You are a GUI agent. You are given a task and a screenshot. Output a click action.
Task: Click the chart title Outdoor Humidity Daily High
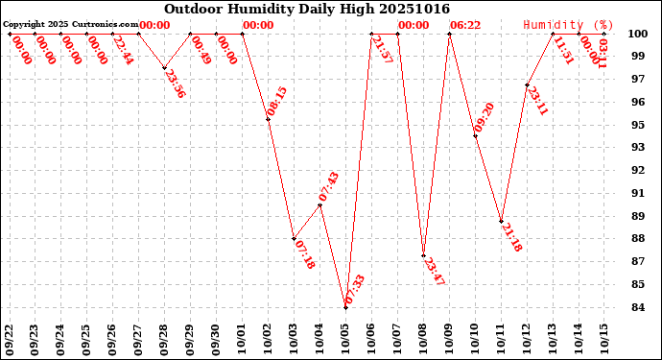pos(306,9)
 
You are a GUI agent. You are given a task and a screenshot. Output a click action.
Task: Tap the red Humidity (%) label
pos(568,25)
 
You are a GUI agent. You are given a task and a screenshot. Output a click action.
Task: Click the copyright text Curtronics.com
pos(71,24)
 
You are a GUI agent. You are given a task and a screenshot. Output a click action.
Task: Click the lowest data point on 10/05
pos(345,307)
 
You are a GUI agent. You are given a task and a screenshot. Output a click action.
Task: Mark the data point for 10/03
pos(294,239)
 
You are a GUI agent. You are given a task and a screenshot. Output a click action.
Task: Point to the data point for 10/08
pos(423,255)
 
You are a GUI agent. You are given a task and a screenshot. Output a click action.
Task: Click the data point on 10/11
pos(501,222)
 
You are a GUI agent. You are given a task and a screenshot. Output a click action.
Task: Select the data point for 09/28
pos(164,67)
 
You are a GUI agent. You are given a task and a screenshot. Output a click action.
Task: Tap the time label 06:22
pos(465,25)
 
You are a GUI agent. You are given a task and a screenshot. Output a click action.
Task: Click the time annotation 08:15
pos(276,102)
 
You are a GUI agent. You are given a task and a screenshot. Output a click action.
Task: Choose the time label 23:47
pos(434,272)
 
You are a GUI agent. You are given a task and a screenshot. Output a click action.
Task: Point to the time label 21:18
pos(511,238)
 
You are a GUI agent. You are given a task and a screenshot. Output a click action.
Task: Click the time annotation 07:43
pos(328,187)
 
